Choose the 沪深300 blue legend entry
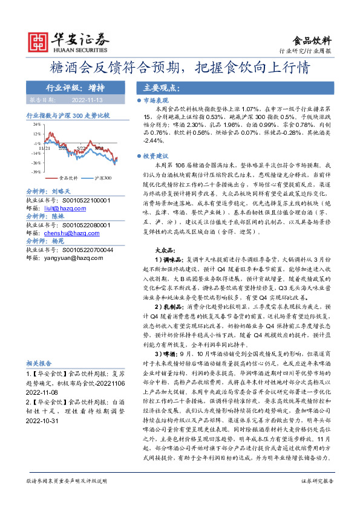click(x=103, y=178)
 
